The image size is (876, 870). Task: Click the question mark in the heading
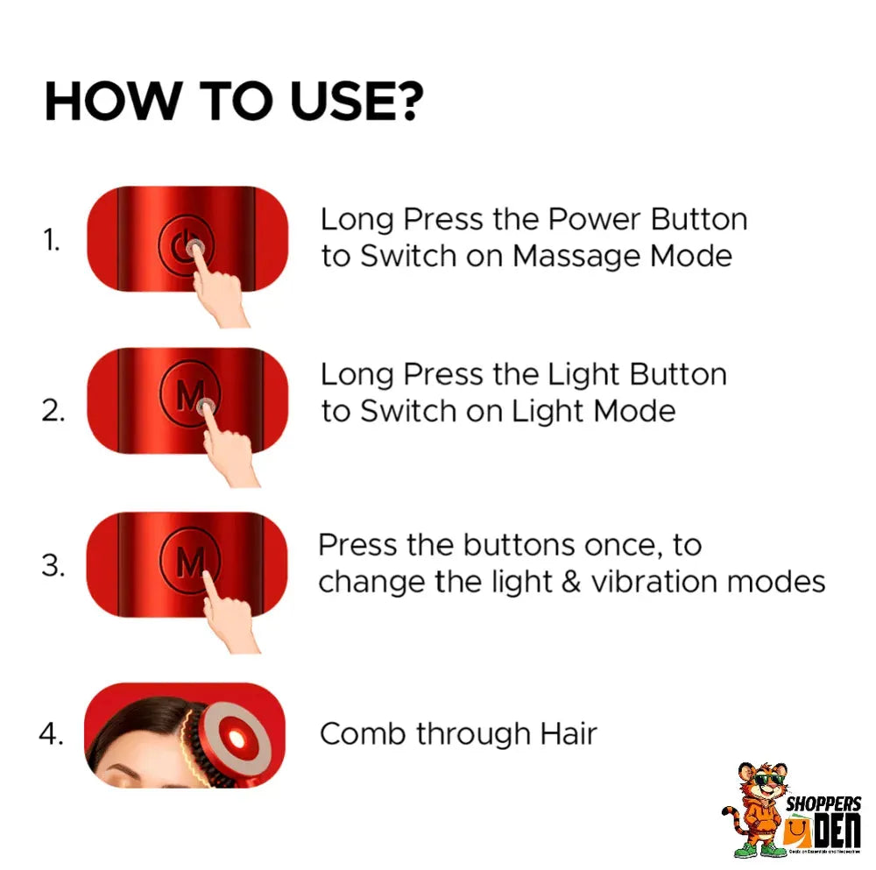(x=406, y=103)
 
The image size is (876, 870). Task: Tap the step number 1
(x=52, y=240)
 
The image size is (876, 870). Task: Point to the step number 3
(x=53, y=565)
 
